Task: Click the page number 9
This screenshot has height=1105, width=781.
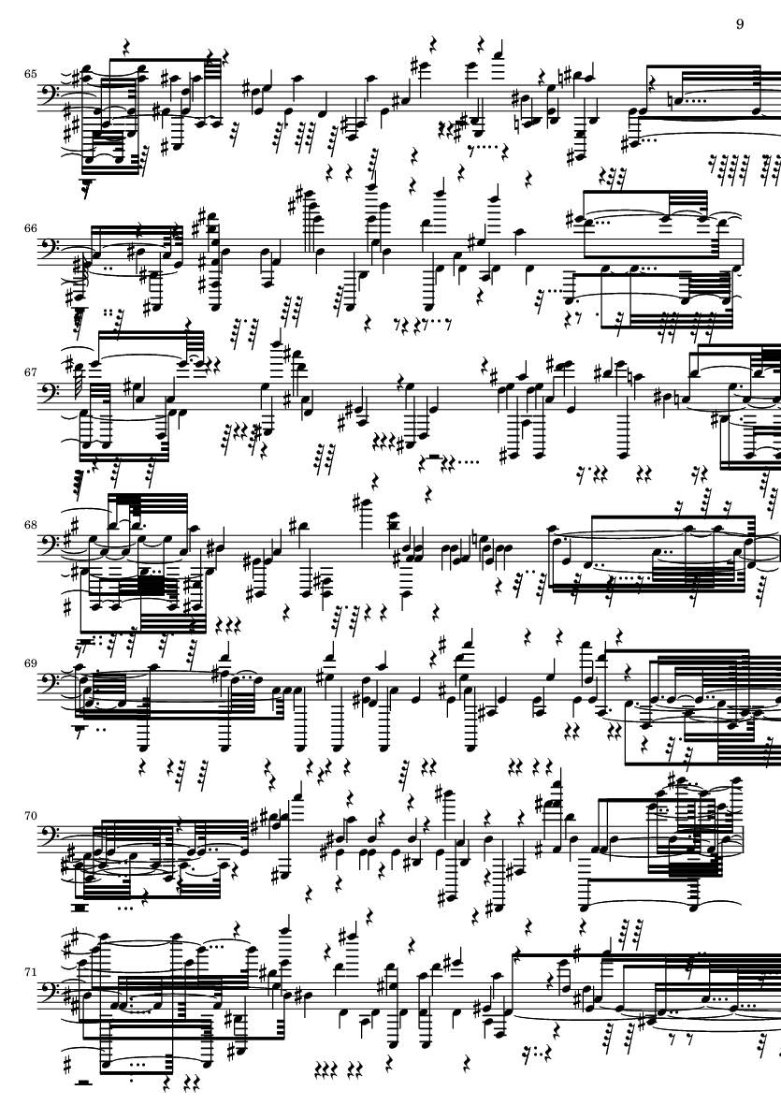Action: point(740,24)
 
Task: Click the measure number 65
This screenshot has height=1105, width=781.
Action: point(30,73)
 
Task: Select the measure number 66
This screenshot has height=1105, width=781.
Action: point(30,228)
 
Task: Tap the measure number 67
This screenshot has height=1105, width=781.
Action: point(30,371)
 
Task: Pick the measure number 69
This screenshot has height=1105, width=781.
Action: point(30,663)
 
